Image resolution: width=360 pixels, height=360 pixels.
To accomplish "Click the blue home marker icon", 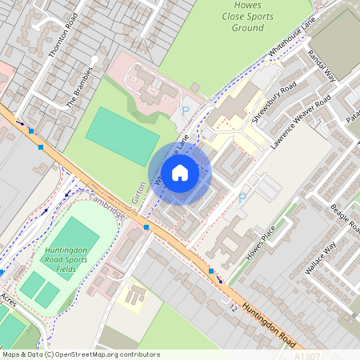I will pyautogui.click(x=180, y=172).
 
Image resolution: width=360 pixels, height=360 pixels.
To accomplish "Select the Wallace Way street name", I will pyautogui.click(x=320, y=257).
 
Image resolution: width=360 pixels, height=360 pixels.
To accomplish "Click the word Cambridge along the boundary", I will pyautogui.click(x=107, y=206).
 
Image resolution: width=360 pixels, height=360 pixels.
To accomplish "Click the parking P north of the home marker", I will pyautogui.click(x=186, y=111).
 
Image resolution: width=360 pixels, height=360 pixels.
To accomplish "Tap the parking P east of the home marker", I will pyautogui.click(x=242, y=198).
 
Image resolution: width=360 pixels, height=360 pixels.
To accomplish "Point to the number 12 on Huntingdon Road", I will pyautogui.click(x=231, y=308).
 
